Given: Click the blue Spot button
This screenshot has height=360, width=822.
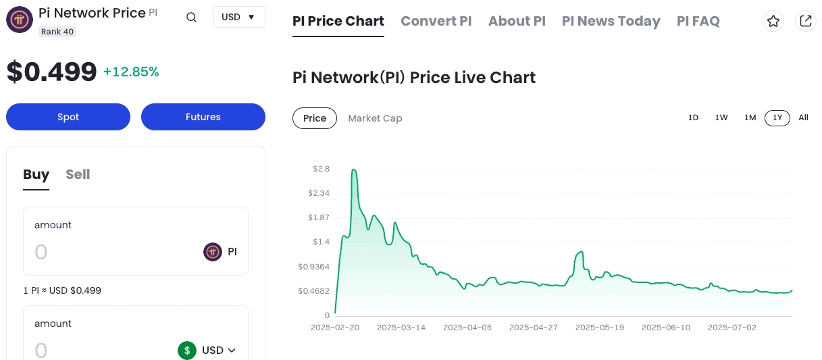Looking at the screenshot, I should coord(68,117).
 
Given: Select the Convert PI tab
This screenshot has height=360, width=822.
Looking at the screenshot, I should coord(436,21).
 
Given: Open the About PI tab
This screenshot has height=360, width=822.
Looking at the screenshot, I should coord(517,21).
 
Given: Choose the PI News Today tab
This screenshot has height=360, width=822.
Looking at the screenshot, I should coord(611,21).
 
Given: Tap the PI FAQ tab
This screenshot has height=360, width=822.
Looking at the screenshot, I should coord(698,21).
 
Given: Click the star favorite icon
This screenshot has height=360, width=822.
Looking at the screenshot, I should coord(773,21).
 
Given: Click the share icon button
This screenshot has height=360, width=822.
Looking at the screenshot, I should coord(805,21).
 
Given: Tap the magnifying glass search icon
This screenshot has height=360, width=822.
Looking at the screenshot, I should coord(191,18).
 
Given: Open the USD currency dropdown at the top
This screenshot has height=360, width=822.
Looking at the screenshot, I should coord(238,17).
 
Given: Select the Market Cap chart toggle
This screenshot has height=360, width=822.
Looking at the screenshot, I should coord(375,118).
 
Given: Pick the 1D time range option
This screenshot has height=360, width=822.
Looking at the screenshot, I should coord(693,118).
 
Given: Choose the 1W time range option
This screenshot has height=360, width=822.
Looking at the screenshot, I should coord(721,118).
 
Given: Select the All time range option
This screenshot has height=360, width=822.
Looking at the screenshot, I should coord(803,118).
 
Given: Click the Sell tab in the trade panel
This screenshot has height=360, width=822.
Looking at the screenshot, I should coord(78,174).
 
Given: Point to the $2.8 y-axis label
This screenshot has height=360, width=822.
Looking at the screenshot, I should coord(321,169).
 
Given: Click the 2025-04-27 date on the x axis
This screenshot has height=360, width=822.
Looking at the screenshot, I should coord(533,328).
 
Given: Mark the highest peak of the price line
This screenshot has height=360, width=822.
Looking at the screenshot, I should coord(354,170).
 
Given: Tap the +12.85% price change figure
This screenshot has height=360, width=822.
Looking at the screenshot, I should coord(131,72).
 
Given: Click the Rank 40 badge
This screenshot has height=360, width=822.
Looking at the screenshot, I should coord(57,32).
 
